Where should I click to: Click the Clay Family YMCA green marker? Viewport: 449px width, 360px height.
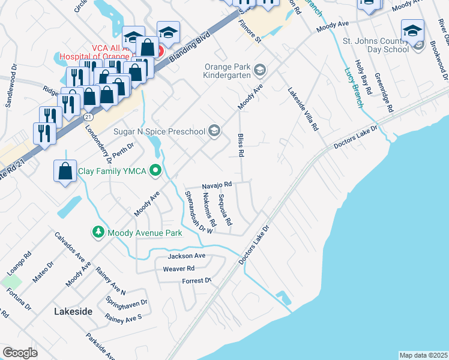(x=155, y=172)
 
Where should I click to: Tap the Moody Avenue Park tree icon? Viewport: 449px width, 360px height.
(x=97, y=232)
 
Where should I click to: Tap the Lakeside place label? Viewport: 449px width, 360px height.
(x=73, y=311)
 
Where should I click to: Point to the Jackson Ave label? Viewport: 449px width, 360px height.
(x=187, y=256)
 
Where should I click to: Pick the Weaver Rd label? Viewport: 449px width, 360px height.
(x=178, y=269)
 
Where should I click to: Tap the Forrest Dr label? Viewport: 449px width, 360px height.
(x=197, y=281)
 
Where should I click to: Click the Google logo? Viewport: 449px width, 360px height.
(x=20, y=353)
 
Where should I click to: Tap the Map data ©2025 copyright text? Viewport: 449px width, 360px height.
(x=423, y=355)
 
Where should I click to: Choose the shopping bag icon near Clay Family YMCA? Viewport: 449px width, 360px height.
(x=65, y=172)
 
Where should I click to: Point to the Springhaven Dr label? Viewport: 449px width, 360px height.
(x=126, y=302)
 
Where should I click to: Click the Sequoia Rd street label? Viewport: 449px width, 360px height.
(x=226, y=209)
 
